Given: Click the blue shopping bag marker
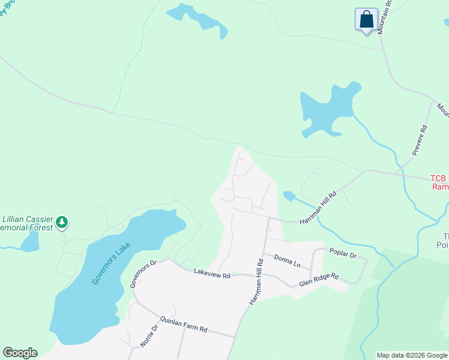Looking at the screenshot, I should tap(366, 20).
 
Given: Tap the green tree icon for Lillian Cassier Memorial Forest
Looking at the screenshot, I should tap(61, 223).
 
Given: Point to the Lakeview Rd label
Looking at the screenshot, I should tap(212, 274).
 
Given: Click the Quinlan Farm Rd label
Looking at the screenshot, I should tap(183, 325).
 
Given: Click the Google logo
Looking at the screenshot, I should tap(20, 353).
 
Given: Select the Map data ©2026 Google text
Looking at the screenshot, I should tap(412, 355).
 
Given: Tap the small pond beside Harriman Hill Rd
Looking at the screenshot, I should tap(289, 196).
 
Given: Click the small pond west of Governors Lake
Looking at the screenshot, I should tap(29, 241).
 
